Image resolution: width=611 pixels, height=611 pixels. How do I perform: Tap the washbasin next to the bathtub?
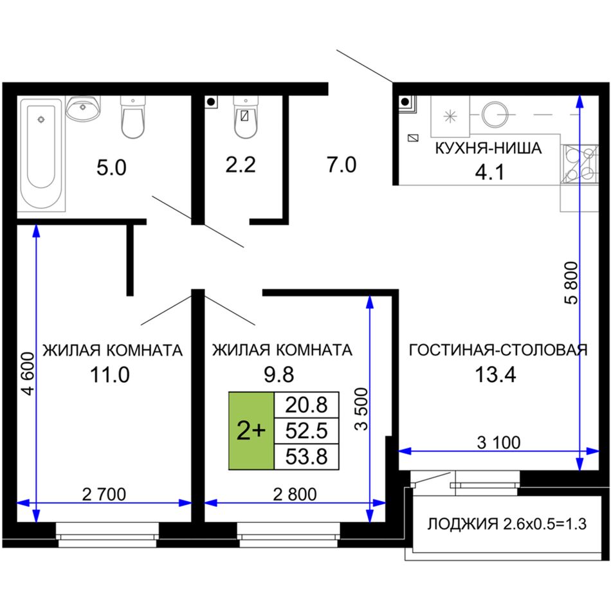83,108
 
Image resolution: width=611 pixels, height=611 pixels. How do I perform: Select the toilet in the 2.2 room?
246,117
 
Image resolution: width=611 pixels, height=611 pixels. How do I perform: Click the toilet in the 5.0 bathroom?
133,117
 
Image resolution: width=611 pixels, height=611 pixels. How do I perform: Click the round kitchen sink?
495,114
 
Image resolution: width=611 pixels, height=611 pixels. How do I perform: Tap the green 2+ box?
251,430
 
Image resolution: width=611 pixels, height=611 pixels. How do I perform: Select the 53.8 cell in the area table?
307,457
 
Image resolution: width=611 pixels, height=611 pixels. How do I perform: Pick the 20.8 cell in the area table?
307,405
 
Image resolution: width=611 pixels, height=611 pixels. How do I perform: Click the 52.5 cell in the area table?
307,430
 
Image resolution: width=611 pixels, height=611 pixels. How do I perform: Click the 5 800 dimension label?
571,283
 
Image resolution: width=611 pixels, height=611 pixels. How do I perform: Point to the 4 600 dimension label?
28,374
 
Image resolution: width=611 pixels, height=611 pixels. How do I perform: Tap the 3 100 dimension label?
498,442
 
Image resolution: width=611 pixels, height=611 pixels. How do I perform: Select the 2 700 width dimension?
104,495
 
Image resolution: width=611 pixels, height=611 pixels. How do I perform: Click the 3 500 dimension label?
361,409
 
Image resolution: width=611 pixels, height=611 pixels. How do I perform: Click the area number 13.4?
495,375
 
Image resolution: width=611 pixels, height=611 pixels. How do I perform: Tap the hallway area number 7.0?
342,165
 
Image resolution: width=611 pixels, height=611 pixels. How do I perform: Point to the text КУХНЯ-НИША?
488,149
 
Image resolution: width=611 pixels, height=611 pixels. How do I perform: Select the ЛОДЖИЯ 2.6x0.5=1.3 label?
507,524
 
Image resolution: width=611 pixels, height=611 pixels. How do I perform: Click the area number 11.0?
109,375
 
